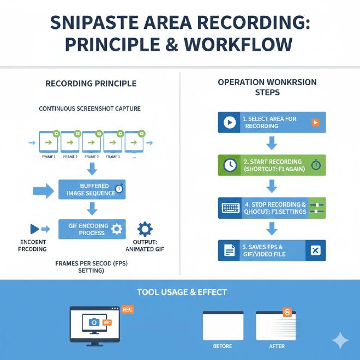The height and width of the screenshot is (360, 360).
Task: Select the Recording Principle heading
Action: coord(91,83)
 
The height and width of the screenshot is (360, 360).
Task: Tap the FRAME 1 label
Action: coord(48,157)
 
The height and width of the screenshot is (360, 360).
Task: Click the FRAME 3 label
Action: coord(113,157)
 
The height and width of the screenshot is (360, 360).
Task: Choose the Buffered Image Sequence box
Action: coord(92,189)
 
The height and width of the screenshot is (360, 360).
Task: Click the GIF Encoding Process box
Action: coord(92,229)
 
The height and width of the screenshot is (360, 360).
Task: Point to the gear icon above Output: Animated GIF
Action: coord(146,229)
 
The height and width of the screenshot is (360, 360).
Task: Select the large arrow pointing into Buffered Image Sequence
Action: coord(42,190)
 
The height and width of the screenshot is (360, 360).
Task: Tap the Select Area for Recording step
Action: coord(272,122)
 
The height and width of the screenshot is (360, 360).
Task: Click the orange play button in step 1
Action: coord(315,122)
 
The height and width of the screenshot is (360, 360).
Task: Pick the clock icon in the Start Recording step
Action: coord(230,165)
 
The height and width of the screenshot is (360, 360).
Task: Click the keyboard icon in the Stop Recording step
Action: coord(230,208)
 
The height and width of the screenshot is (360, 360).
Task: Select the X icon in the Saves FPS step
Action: coord(315,250)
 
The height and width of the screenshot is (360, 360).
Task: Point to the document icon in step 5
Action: coord(230,250)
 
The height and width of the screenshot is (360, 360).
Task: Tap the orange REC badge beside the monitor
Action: coord(127,309)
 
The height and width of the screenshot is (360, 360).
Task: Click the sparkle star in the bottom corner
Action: coord(340,341)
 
